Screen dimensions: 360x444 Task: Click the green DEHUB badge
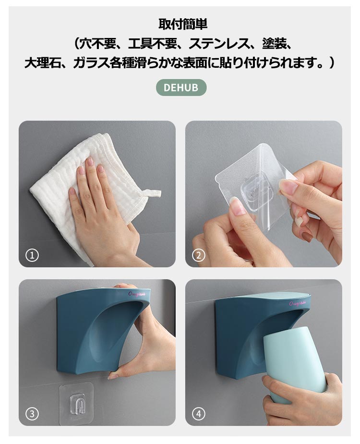[x=181, y=87]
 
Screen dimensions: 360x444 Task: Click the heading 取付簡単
[x=183, y=24]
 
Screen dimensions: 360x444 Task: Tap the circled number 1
[x=32, y=256]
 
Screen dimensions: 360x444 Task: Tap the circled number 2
[x=199, y=256]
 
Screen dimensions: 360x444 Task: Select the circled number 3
[x=32, y=414]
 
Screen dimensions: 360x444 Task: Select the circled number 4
[x=199, y=414]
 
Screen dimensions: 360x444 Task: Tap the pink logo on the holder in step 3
[x=137, y=294]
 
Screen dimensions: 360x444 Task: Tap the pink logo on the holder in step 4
[x=297, y=304]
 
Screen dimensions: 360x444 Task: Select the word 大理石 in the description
[x=42, y=63]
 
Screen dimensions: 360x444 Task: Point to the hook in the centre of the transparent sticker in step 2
[x=254, y=190]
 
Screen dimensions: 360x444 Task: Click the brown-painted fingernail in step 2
[x=307, y=236]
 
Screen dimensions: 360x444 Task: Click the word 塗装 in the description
[x=274, y=44]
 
